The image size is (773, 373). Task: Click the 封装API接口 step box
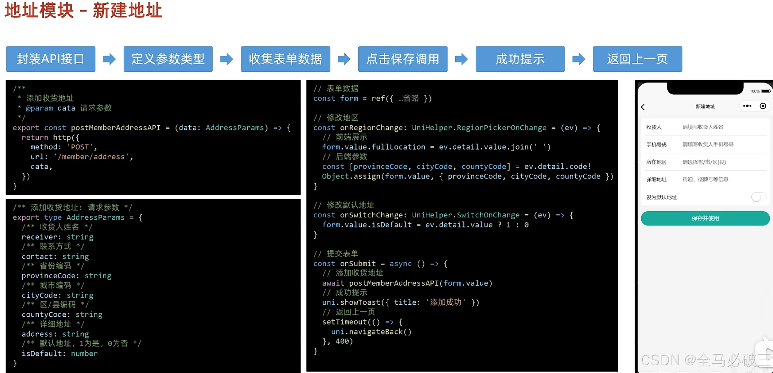[51, 59]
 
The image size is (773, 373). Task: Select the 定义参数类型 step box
[168, 59]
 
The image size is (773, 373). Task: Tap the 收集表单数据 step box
[285, 59]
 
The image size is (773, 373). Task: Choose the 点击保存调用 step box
[402, 59]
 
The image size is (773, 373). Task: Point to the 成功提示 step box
[520, 59]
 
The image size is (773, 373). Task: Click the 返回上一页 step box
[637, 59]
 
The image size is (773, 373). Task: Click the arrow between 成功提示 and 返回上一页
[579, 59]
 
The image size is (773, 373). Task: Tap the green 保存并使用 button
[705, 218]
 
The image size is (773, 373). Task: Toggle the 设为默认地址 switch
[758, 197]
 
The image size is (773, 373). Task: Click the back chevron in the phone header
[643, 107]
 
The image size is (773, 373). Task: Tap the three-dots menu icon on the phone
[747, 106]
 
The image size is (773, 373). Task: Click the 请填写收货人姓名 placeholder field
[703, 127]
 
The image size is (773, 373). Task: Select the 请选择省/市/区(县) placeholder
[704, 162]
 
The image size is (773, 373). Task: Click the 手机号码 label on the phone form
[656, 145]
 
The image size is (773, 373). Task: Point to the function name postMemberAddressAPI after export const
[116, 128]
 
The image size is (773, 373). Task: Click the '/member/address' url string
[91, 157]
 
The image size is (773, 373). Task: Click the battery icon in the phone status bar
[766, 91]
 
